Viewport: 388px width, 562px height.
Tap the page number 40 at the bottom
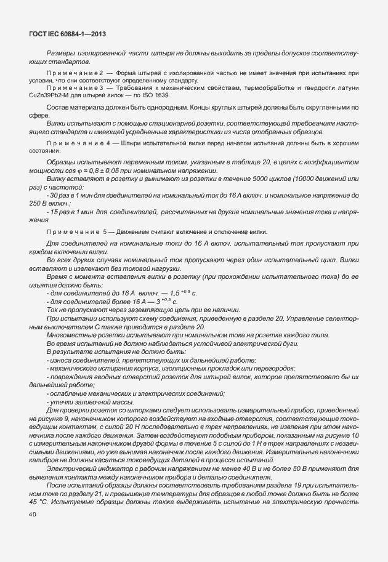click(33, 515)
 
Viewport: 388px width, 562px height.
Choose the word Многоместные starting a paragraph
click(69, 334)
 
